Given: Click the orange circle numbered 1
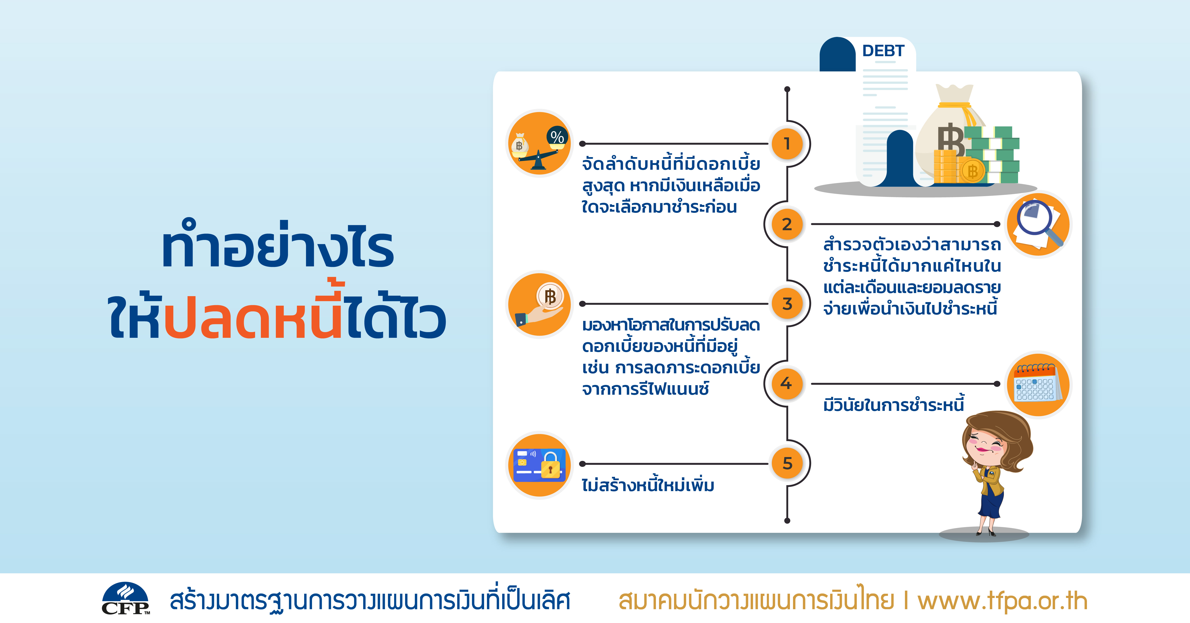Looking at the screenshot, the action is (x=787, y=144).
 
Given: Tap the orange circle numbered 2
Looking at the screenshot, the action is (x=787, y=224).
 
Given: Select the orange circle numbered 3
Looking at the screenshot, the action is (x=787, y=304).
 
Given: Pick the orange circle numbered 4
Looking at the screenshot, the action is (x=787, y=384).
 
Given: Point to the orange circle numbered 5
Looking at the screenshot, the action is (x=787, y=463).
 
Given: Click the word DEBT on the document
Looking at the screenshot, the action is (x=883, y=51).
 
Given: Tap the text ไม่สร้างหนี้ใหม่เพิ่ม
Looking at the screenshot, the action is (x=648, y=485).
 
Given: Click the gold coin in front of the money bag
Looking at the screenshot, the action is (x=972, y=171).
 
